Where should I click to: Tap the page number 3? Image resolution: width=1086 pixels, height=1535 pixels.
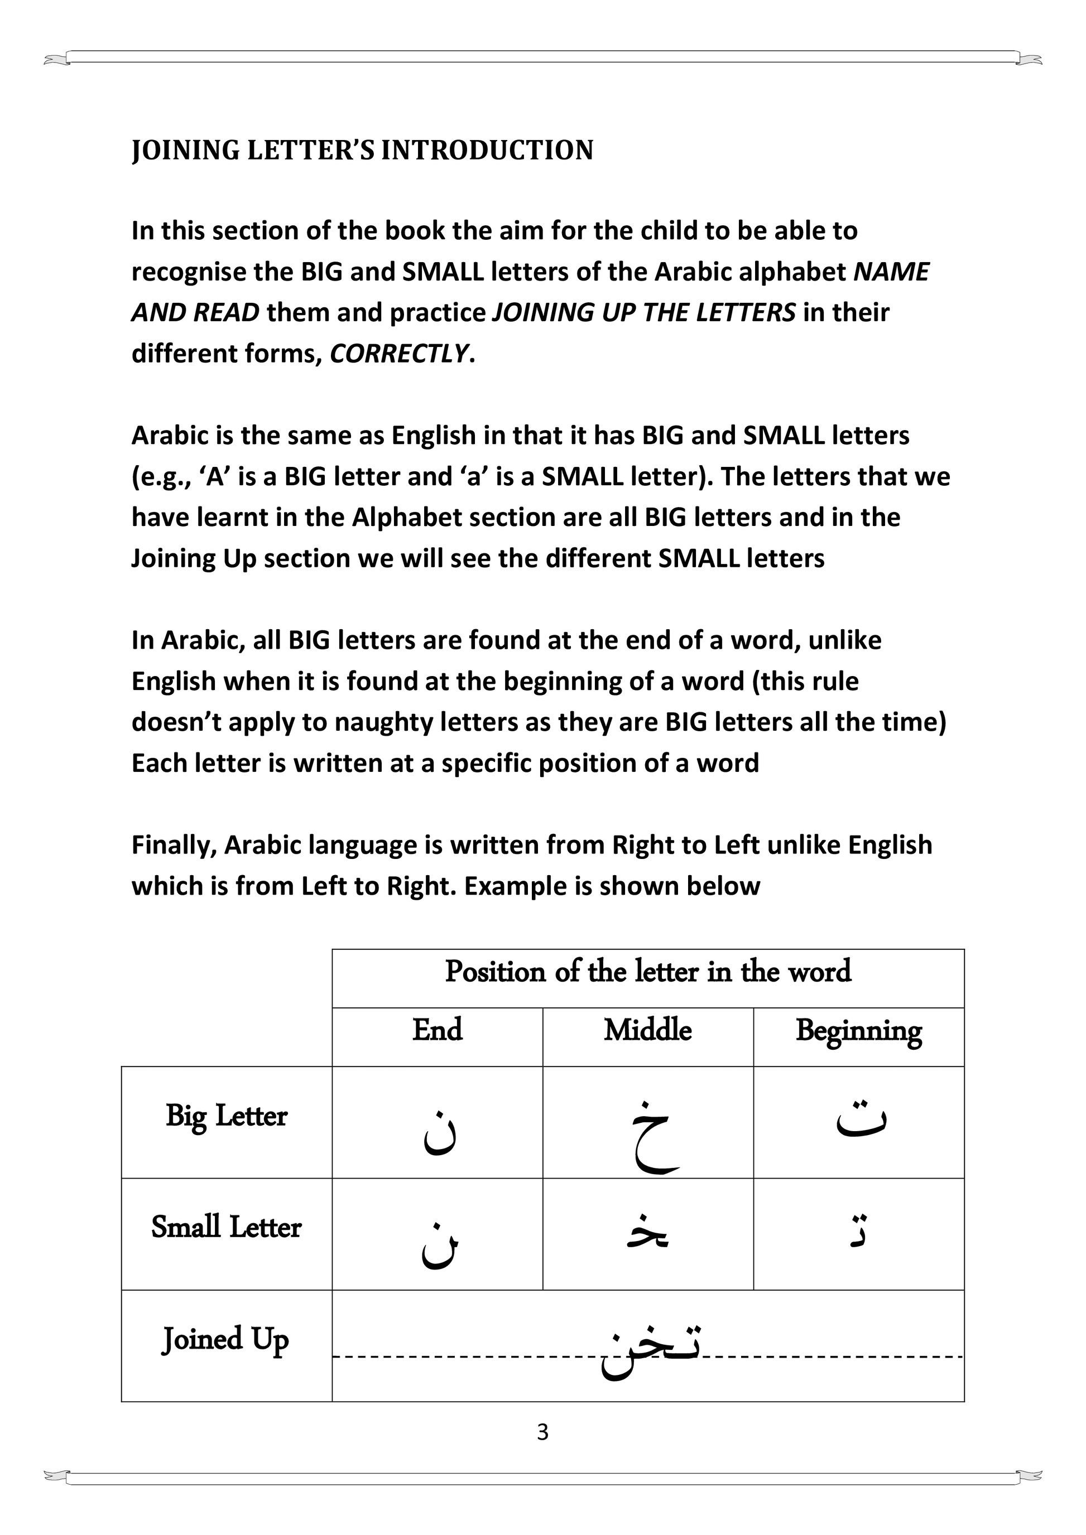542,1431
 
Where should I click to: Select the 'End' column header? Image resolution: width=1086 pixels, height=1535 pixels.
438,1030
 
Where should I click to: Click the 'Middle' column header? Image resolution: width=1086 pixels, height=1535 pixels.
647,1030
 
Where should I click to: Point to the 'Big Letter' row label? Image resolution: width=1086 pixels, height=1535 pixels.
227,1115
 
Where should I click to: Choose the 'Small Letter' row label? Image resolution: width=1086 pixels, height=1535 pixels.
227,1227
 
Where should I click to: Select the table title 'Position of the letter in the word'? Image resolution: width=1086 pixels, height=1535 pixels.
648,972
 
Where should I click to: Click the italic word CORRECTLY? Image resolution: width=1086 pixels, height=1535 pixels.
399,353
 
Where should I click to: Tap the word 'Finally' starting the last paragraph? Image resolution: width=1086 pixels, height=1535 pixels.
174,845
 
